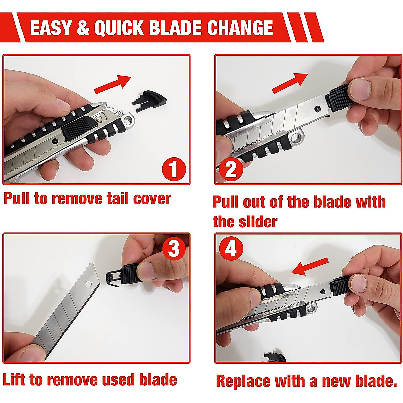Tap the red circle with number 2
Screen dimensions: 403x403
(x=231, y=169)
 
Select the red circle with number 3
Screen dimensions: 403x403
(x=174, y=249)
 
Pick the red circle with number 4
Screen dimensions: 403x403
(x=231, y=249)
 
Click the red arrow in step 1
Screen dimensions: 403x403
(x=113, y=84)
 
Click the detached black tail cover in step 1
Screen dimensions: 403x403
(x=150, y=100)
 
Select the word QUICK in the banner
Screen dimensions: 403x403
(x=119, y=28)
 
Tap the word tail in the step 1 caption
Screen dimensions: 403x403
(x=118, y=198)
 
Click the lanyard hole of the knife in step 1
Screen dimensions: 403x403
(x=128, y=120)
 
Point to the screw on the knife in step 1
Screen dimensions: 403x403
(x=98, y=118)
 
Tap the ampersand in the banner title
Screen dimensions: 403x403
(x=83, y=28)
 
